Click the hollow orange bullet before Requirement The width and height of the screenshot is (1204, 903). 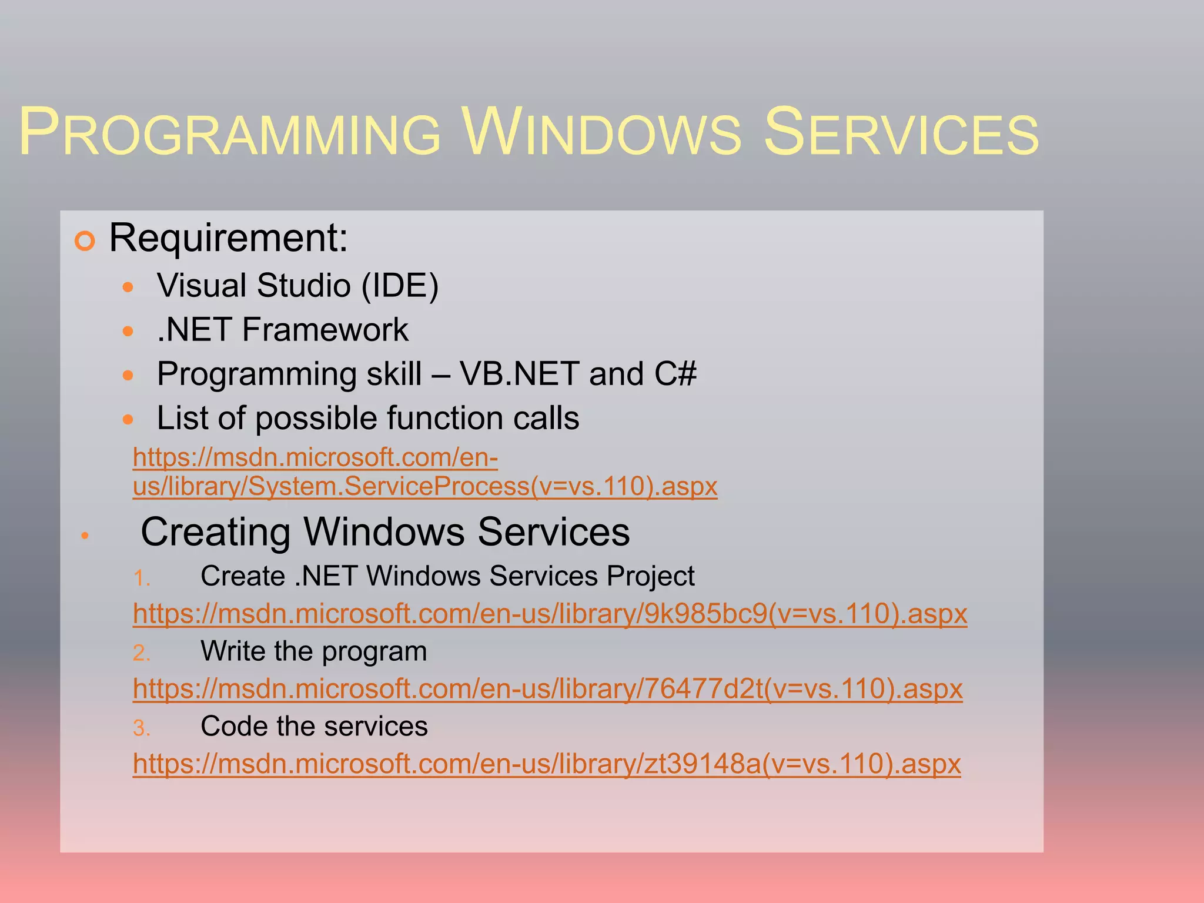85,241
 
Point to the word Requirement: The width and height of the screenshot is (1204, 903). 229,238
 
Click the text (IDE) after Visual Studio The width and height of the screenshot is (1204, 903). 400,286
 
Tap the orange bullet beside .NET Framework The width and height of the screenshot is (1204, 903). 128,331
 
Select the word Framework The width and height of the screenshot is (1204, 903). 325,330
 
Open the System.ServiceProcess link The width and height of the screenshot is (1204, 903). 424,487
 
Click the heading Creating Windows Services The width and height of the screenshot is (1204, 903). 385,532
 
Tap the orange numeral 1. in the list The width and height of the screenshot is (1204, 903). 141,578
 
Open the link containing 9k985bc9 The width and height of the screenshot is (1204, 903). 550,614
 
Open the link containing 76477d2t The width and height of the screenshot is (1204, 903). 547,689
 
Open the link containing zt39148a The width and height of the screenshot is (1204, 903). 547,764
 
